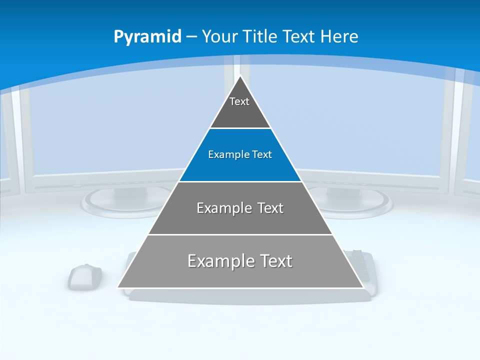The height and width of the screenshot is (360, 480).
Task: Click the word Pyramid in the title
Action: click(147, 37)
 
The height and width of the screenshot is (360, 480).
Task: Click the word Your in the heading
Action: click(220, 37)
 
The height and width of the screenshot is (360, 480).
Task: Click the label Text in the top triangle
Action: click(239, 102)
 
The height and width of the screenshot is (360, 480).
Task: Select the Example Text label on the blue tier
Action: click(240, 155)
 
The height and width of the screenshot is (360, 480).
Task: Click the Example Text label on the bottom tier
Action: click(240, 261)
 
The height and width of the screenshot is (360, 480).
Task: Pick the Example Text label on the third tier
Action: click(240, 208)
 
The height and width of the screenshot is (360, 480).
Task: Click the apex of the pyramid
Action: click(240, 76)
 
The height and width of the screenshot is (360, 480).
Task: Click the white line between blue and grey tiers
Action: click(240, 181)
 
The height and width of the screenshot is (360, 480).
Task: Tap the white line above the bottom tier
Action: click(240, 234)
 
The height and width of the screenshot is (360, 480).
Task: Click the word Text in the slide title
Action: click(298, 37)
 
